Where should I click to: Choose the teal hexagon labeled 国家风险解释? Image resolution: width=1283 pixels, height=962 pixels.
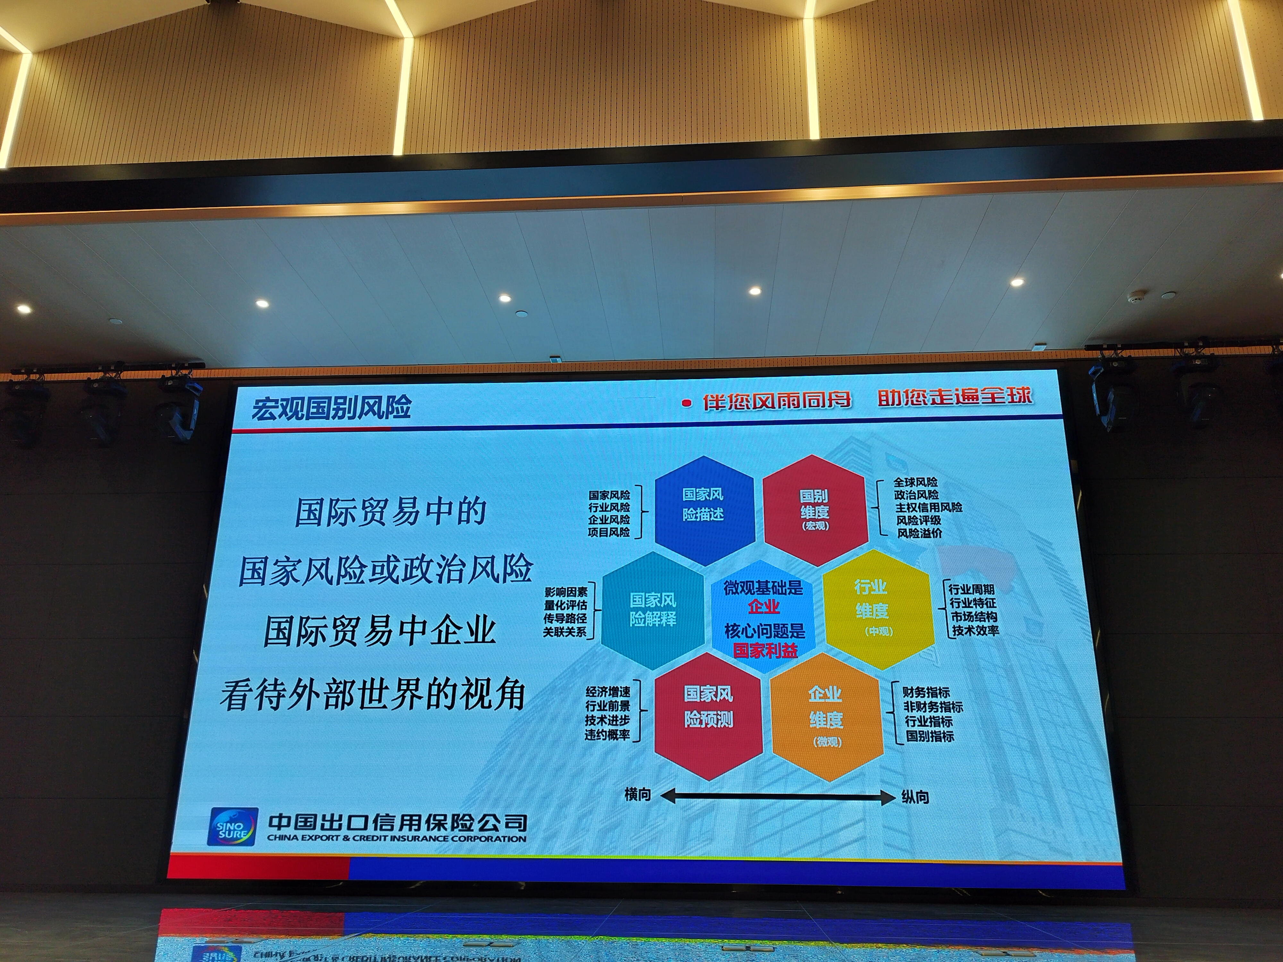click(x=653, y=610)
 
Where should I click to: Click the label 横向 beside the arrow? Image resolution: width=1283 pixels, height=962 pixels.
click(x=637, y=794)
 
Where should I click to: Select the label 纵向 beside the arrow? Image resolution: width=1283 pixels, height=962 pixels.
click(x=915, y=797)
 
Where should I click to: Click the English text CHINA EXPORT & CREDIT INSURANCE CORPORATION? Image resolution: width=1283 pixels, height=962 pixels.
click(x=397, y=838)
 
